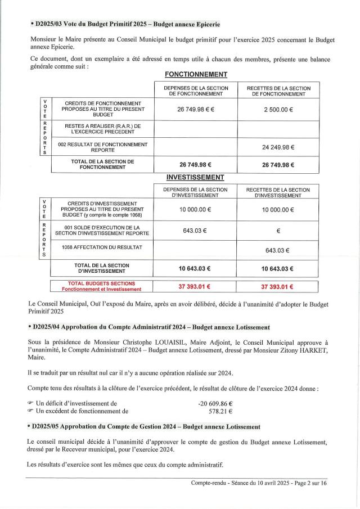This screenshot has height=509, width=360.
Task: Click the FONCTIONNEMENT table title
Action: pos(196,74)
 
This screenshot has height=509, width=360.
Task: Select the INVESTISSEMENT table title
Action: pos(196,177)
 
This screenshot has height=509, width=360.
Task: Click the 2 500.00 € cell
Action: pos(278,110)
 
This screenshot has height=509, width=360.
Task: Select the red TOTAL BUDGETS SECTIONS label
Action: pos(102,286)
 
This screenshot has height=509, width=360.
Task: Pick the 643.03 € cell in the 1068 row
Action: pos(278,250)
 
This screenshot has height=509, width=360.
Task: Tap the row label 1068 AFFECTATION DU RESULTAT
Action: pos(102,247)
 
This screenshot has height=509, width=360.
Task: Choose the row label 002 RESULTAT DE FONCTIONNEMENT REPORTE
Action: pos(102,147)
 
